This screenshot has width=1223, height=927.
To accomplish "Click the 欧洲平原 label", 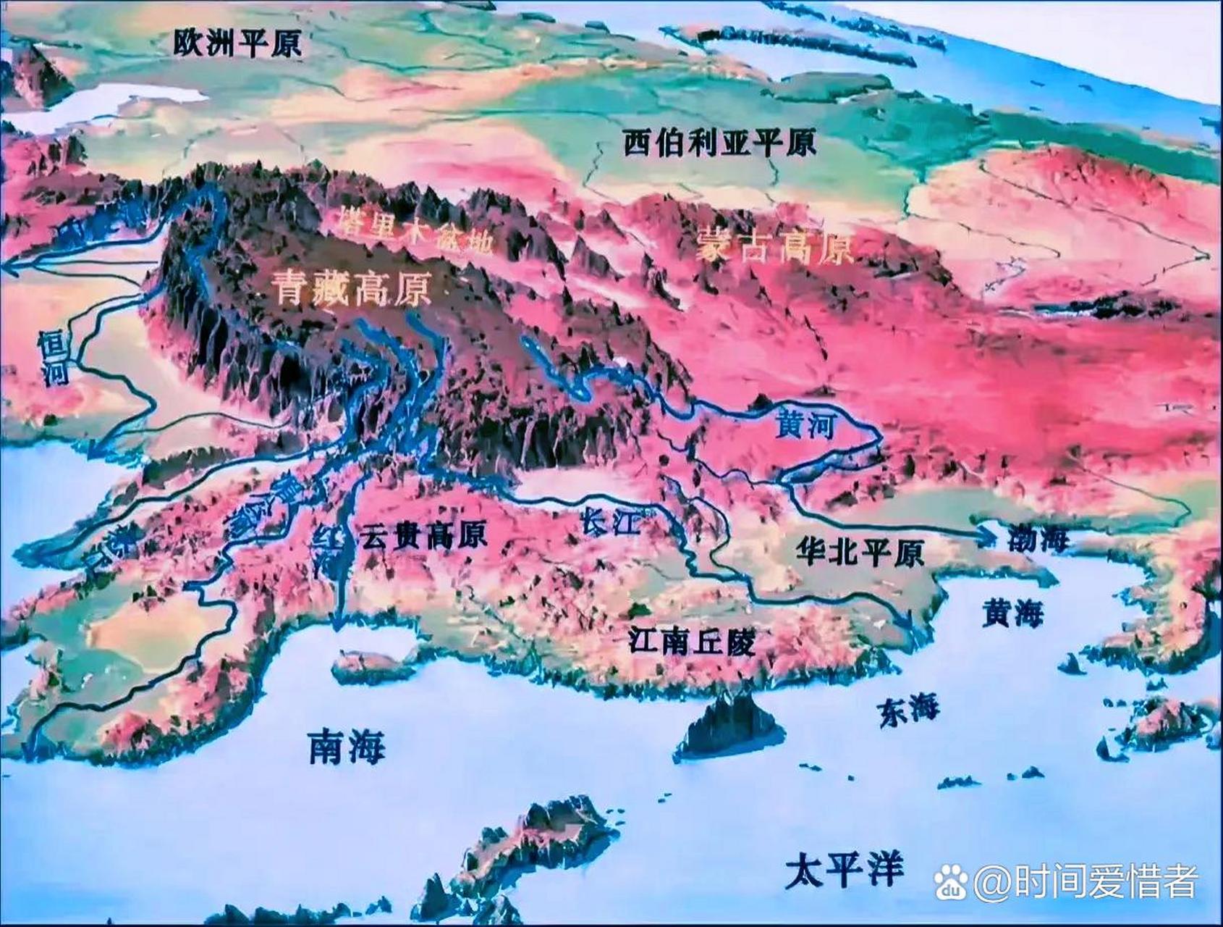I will (x=237, y=43).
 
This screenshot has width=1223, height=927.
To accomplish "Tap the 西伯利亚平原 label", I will (x=719, y=143).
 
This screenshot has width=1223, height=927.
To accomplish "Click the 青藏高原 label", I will (x=352, y=288).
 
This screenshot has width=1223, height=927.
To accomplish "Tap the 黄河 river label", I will (x=804, y=424).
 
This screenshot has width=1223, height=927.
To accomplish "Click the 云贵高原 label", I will (x=423, y=535).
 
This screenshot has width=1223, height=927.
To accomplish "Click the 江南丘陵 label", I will (x=691, y=640).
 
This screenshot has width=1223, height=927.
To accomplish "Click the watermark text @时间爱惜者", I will (x=1086, y=881).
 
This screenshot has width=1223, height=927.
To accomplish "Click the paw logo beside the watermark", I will (x=951, y=882).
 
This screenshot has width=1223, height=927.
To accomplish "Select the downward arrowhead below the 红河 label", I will (x=337, y=624).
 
